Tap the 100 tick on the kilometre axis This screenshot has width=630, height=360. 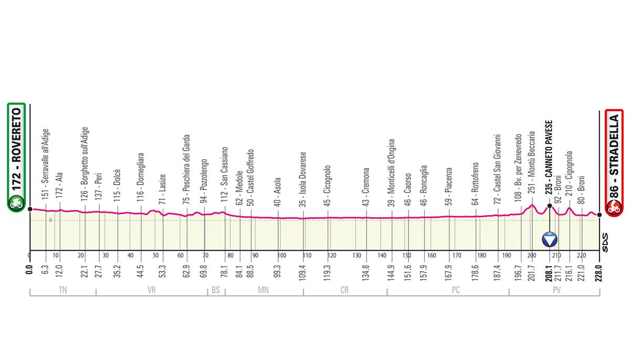coord(282,256)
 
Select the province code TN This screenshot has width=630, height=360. coord(63,289)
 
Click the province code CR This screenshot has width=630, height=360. coord(345,289)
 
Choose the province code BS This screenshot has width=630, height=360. coord(216,289)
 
